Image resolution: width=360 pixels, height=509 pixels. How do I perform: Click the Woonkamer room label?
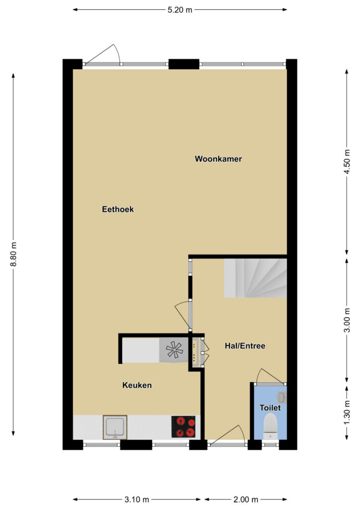click(x=218, y=159)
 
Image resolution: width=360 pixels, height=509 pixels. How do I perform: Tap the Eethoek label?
click(x=118, y=209)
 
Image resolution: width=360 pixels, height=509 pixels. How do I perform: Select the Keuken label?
click(x=137, y=385)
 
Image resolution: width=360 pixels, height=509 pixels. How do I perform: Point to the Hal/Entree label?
click(x=245, y=346)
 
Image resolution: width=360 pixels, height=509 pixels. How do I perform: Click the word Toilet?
click(x=270, y=408)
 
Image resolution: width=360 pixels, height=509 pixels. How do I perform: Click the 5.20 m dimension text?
click(x=180, y=10)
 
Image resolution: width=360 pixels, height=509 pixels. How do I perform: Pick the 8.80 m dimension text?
click(x=13, y=254)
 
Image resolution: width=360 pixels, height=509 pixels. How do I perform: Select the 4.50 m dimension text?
click(x=347, y=162)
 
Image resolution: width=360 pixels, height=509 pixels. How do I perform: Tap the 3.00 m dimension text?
click(x=347, y=320)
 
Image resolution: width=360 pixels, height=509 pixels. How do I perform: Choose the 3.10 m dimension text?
click(x=137, y=499)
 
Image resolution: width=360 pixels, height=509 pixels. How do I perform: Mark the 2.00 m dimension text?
click(x=246, y=499)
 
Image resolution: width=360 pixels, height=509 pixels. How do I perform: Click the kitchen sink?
click(x=115, y=427)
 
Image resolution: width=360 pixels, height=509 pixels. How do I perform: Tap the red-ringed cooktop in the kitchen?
click(x=184, y=426)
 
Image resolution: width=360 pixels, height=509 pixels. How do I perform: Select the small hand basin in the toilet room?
click(x=282, y=397)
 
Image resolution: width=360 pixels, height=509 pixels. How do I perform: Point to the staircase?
click(x=256, y=278)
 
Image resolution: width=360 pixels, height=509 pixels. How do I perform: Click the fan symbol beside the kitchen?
click(x=175, y=349)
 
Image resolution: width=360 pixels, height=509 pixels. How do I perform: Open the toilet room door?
click(x=271, y=377)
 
